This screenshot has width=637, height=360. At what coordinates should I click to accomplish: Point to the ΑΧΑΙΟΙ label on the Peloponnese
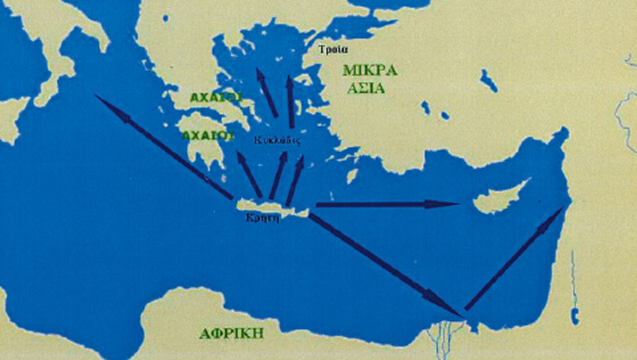(x=207, y=136)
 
